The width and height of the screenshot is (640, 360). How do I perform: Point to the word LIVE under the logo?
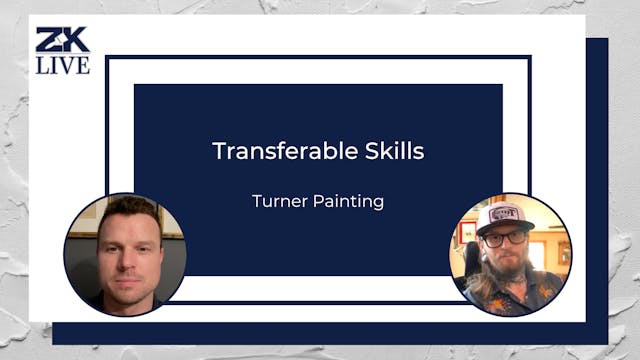click(63, 65)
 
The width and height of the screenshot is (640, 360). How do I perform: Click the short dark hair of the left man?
click(127, 207)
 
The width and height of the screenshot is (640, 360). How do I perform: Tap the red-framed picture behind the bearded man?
click(467, 231)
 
